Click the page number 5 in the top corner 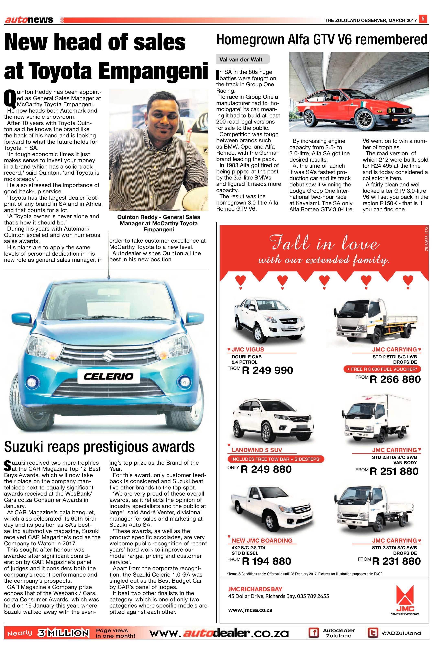[422, 19]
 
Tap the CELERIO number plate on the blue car [109, 376]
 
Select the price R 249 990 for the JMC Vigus [267, 370]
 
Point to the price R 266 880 [395, 379]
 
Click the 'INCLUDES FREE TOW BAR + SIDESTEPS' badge [276, 459]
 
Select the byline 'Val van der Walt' [241, 60]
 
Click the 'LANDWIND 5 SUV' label [257, 450]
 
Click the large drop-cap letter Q [10, 99]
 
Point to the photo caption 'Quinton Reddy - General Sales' [158, 217]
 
